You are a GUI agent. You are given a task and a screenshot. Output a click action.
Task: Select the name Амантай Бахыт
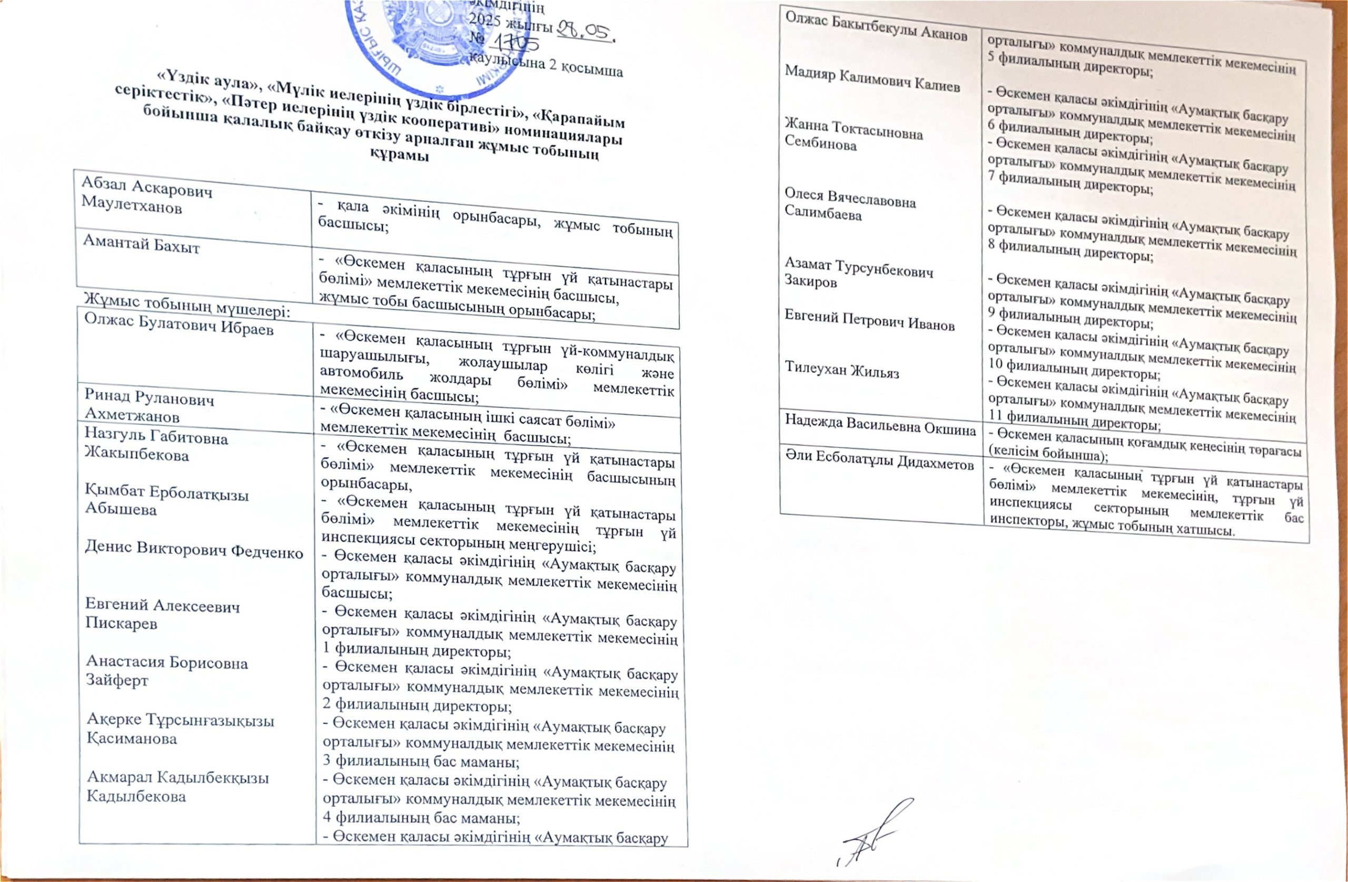coord(141,245)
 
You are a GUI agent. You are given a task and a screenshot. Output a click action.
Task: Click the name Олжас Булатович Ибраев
coord(179,324)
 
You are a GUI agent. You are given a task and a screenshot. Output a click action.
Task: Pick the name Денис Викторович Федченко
coord(194,550)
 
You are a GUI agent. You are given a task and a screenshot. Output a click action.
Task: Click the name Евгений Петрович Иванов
coord(869,321)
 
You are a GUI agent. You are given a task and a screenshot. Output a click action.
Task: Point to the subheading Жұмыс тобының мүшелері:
coord(187,306)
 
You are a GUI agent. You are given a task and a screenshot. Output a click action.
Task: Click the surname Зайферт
coord(117,680)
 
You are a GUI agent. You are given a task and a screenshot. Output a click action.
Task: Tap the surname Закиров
coord(810,282)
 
